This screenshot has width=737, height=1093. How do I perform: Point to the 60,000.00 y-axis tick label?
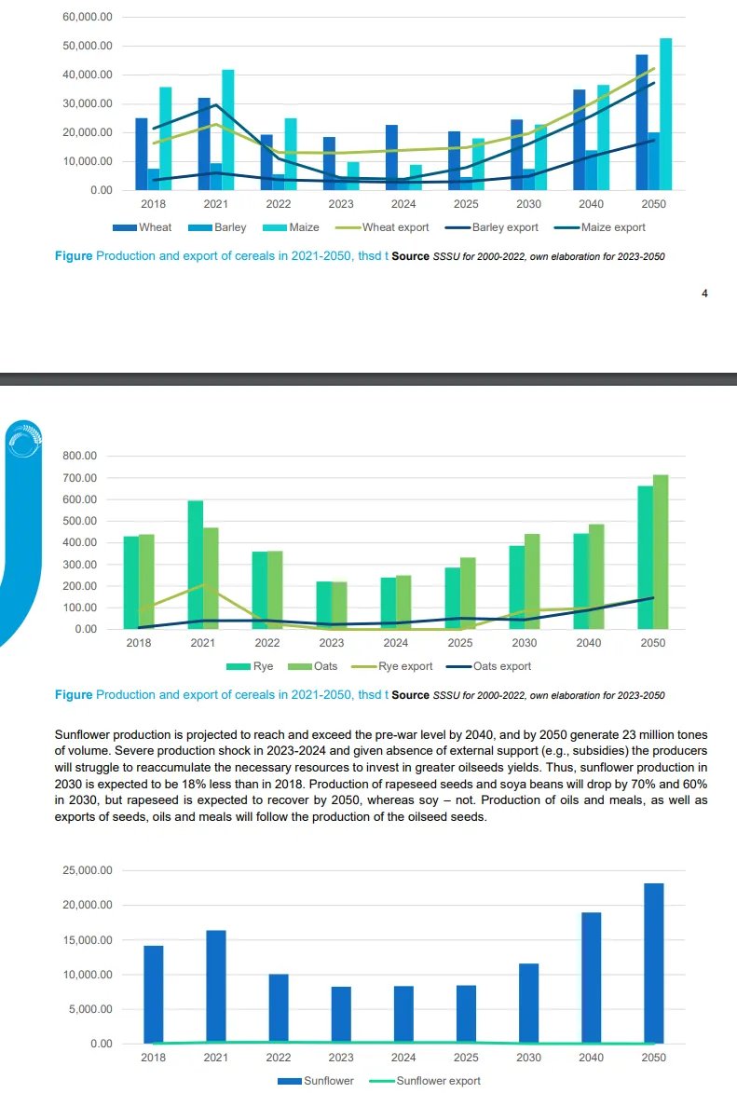[x=87, y=18]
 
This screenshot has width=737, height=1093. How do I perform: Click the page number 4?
[x=704, y=294]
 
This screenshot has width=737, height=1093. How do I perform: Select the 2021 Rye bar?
[x=196, y=565]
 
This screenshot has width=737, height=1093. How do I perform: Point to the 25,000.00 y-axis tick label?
[x=87, y=870]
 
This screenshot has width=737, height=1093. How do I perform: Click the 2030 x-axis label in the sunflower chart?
[x=528, y=1058]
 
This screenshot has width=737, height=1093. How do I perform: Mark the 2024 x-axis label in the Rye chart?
[x=395, y=643]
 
